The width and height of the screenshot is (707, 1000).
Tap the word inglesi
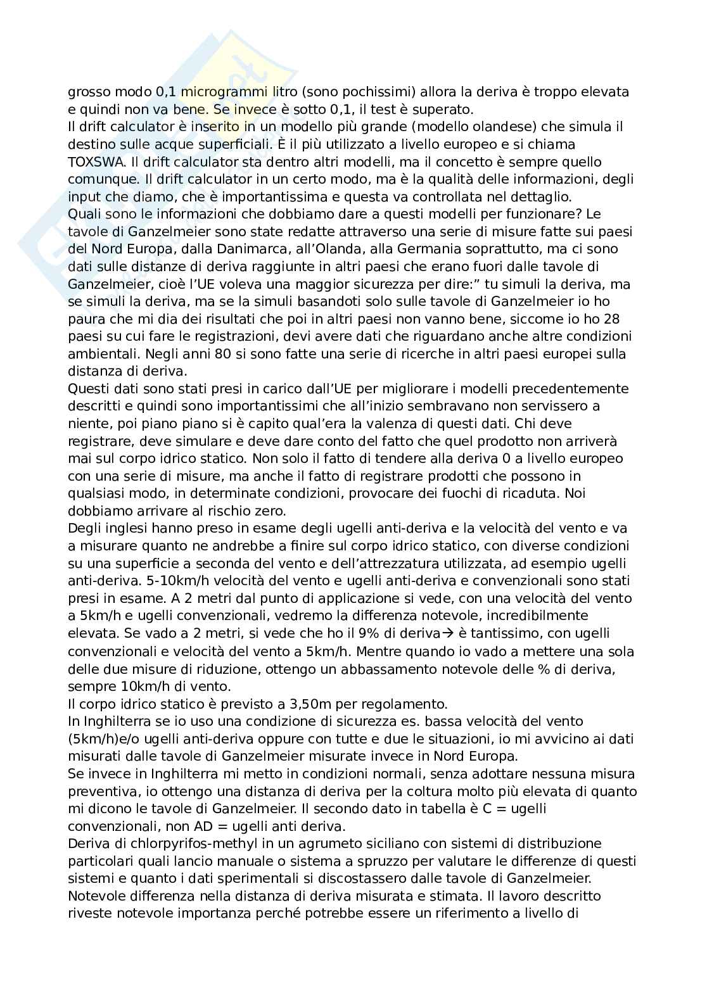(x=129, y=528)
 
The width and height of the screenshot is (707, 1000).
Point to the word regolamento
(x=412, y=704)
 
